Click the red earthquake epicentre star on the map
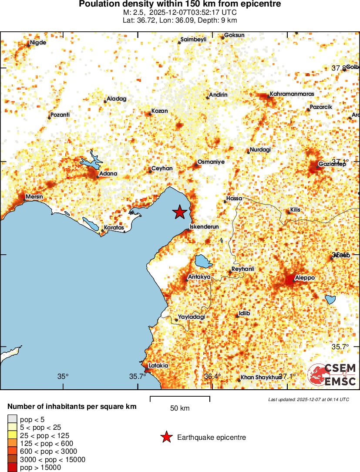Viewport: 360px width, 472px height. pyautogui.click(x=179, y=212)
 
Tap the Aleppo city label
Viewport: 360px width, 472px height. pyautogui.click(x=305, y=278)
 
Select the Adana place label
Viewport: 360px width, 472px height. pyautogui.click(x=108, y=174)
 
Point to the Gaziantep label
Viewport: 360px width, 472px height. pyautogui.click(x=332, y=164)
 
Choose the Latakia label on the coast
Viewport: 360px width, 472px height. pyautogui.click(x=158, y=366)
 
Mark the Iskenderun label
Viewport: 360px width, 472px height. pyautogui.click(x=204, y=227)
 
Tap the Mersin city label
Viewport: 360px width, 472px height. pyautogui.click(x=34, y=197)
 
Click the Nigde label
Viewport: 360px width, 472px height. pyautogui.click(x=38, y=43)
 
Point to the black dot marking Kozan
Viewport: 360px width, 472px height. pyautogui.click(x=150, y=114)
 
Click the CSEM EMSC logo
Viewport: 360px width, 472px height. pyautogui.click(x=332, y=374)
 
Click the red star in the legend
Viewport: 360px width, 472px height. pyautogui.click(x=166, y=437)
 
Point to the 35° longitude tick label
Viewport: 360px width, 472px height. pyautogui.click(x=63, y=377)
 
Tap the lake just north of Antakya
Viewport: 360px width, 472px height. pyautogui.click(x=203, y=262)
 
